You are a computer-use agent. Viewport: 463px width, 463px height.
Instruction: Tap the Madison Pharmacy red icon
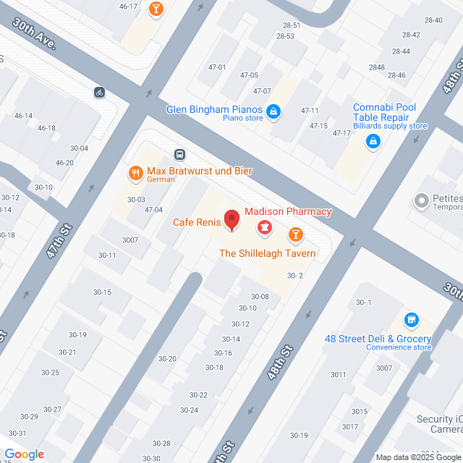point(264,229)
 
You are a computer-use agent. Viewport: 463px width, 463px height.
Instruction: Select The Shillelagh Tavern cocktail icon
point(295,234)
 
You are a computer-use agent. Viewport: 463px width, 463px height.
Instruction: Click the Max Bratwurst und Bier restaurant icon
point(135,173)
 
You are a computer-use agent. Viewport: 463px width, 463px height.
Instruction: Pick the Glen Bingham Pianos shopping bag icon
point(273,111)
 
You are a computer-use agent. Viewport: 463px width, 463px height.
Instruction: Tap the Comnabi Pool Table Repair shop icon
point(373,142)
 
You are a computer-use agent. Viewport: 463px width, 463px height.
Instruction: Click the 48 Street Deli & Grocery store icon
point(411,319)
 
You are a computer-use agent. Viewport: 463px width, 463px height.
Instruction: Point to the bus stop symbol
point(179,154)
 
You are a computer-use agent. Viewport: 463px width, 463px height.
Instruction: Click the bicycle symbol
point(99,92)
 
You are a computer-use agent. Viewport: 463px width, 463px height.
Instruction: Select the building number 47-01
point(217,67)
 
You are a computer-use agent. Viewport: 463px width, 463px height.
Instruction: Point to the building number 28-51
point(292,25)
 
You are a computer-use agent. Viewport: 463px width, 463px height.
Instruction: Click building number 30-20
point(168,359)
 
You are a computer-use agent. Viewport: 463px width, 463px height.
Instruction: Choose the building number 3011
point(339,374)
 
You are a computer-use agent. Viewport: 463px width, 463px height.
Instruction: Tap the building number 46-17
point(128,7)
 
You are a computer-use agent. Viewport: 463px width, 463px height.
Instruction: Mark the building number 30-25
point(50,373)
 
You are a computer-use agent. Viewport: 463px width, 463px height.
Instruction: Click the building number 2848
point(376,67)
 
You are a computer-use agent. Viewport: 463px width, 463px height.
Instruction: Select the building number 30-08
point(260,297)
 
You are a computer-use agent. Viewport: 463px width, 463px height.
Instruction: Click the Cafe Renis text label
point(196,222)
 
